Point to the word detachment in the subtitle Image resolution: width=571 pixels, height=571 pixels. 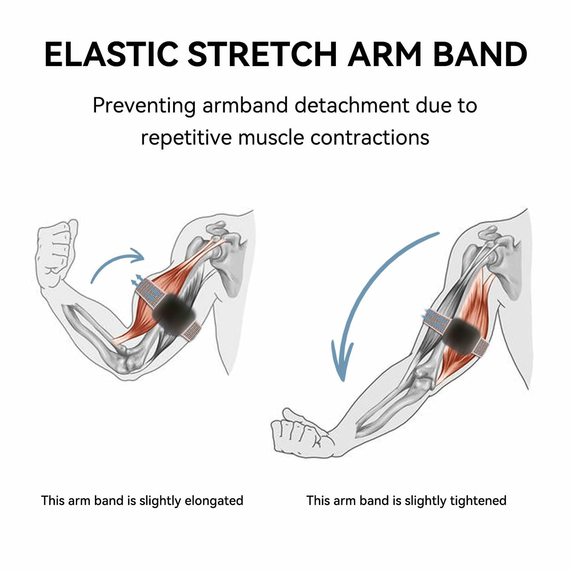pyautogui.click(x=352, y=105)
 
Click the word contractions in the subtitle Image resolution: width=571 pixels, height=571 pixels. pyautogui.click(x=370, y=138)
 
